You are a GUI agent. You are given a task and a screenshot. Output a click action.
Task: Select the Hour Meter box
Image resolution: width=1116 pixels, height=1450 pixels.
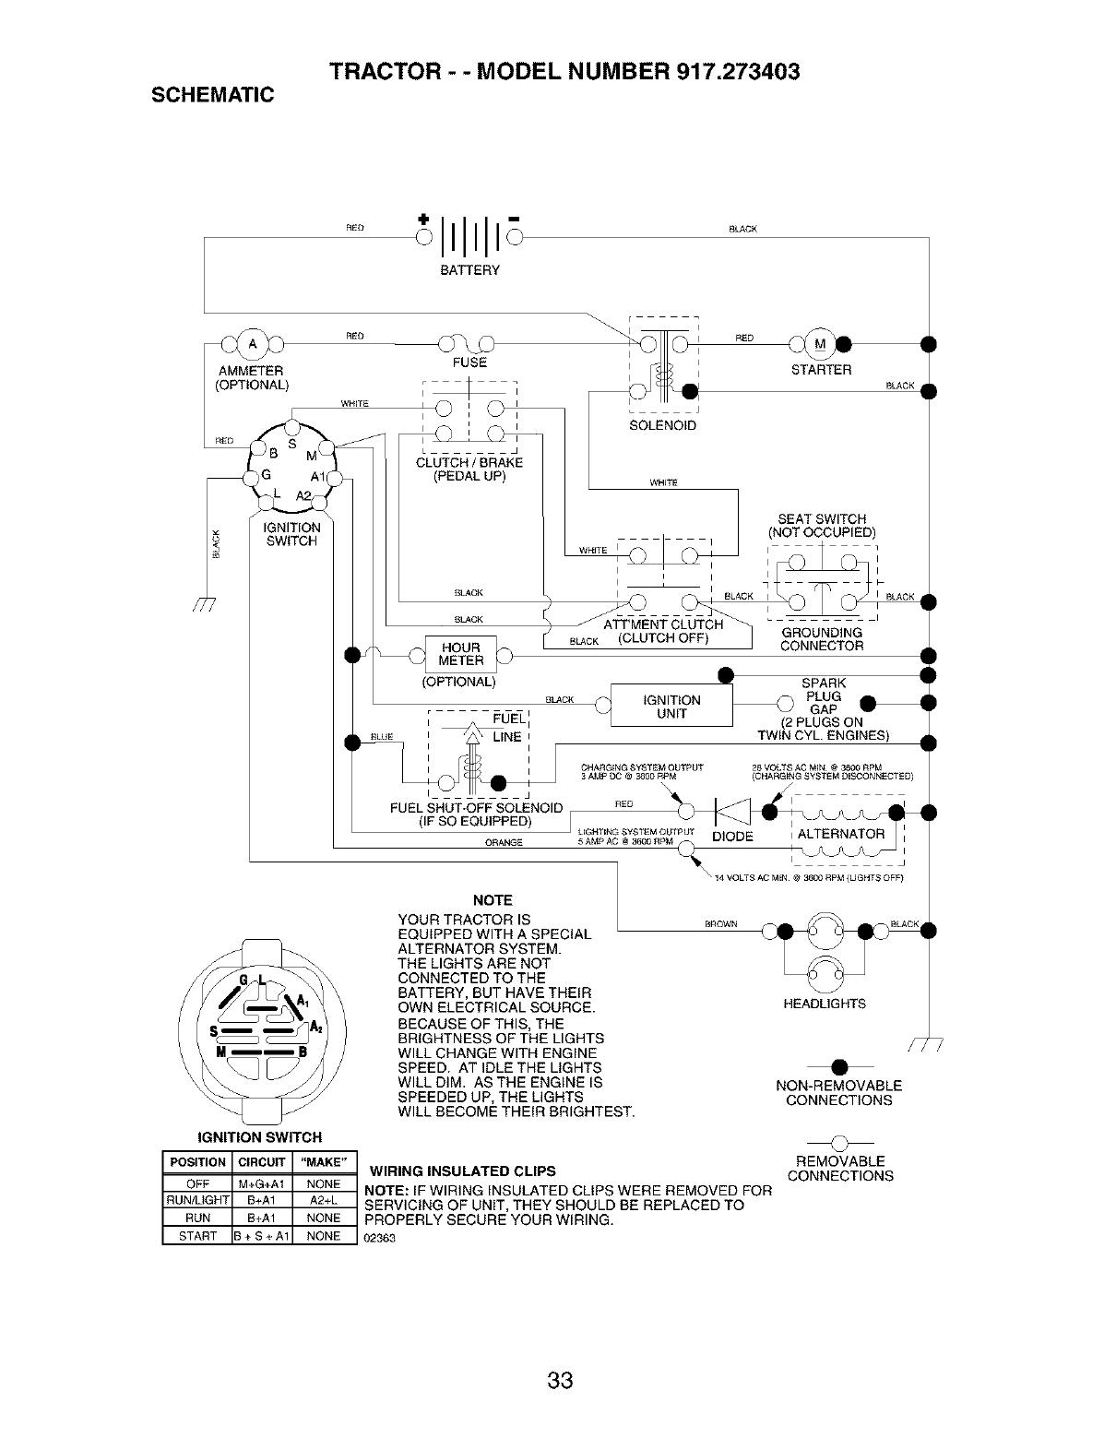pyautogui.click(x=461, y=654)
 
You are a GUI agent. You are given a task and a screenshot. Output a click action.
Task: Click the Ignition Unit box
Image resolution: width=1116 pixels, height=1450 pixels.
pyautogui.click(x=671, y=707)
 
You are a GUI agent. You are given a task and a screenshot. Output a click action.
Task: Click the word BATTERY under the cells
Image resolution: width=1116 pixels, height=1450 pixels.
pyautogui.click(x=469, y=270)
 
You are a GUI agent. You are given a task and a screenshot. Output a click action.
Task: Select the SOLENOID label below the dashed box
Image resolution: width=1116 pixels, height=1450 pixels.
pyautogui.click(x=662, y=426)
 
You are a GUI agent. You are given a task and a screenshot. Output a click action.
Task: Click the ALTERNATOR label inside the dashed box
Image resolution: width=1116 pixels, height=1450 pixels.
pyautogui.click(x=840, y=834)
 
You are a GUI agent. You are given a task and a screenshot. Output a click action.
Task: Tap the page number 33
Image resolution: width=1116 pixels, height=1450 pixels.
pyautogui.click(x=559, y=1381)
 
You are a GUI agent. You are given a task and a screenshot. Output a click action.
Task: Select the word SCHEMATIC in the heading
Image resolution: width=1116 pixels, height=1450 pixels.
pyautogui.click(x=206, y=94)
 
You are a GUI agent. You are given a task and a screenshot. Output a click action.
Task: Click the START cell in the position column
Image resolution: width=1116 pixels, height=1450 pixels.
pyautogui.click(x=196, y=1236)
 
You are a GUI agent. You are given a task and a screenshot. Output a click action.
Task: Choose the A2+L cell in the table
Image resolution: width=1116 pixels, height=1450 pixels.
pyautogui.click(x=323, y=1201)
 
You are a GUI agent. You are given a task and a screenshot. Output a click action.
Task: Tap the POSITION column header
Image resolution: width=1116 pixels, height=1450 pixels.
pyautogui.click(x=197, y=1162)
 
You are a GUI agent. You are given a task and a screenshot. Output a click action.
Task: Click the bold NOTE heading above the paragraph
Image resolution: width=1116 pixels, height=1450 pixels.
pyautogui.click(x=492, y=900)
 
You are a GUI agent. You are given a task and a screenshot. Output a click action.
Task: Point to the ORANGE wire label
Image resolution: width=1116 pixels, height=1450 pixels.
pyautogui.click(x=504, y=842)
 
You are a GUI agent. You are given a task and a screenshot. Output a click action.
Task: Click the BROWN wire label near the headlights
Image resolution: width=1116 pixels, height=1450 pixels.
pyautogui.click(x=719, y=923)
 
